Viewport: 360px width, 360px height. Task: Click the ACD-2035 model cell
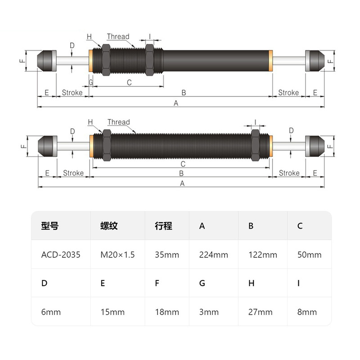click(61, 255)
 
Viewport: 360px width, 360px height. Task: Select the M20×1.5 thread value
click(117, 255)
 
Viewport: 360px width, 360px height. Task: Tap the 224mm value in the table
click(213, 255)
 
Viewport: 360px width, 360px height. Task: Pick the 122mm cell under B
click(263, 255)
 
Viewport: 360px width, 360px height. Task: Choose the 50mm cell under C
click(310, 255)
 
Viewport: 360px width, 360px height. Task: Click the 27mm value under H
click(261, 312)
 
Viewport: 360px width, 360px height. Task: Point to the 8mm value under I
click(307, 312)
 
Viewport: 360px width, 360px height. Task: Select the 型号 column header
click(50, 226)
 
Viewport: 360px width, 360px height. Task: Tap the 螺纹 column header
click(109, 226)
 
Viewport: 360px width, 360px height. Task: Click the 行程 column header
click(163, 226)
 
